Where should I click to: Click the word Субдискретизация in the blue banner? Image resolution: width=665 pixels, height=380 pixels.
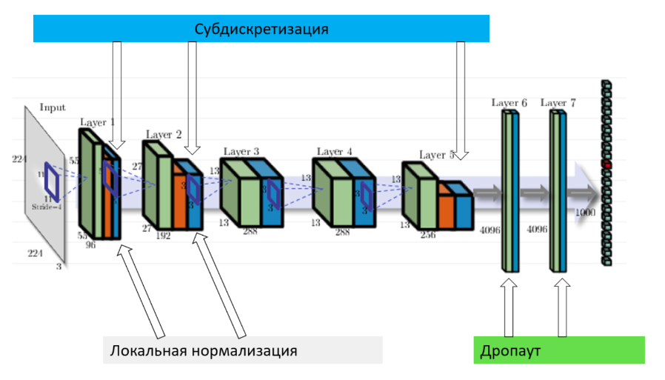[261, 30]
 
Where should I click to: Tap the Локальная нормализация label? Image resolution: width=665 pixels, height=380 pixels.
[204, 350]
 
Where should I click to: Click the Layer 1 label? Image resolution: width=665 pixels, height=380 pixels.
[97, 122]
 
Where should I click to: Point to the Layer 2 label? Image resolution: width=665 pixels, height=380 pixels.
[164, 135]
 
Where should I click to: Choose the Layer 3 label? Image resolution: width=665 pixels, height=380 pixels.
[241, 151]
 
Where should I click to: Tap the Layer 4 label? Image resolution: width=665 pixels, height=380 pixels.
[335, 151]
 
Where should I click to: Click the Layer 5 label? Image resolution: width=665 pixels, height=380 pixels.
[437, 155]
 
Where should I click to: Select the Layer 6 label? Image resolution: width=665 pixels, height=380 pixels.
[509, 102]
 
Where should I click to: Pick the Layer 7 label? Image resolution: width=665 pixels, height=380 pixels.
[559, 102]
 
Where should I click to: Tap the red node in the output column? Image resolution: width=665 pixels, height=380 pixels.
[606, 165]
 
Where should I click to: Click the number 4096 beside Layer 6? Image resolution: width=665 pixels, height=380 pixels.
[489, 230]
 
